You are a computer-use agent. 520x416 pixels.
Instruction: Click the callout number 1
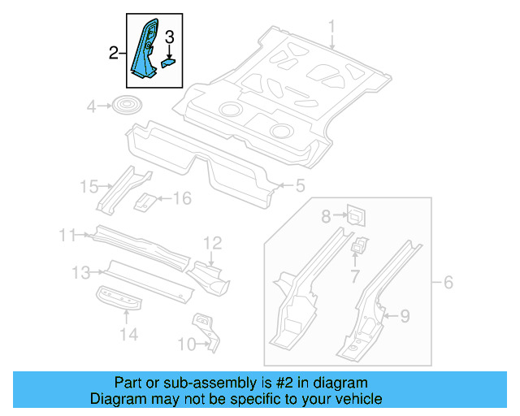tap(331, 30)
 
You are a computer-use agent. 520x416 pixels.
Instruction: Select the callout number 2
tap(115, 54)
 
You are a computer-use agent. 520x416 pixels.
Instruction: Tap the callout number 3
tap(170, 36)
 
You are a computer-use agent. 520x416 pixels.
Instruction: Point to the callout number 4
tap(92, 106)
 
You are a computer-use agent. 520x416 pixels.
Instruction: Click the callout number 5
tap(300, 187)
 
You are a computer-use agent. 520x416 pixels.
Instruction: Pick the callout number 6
tap(448, 283)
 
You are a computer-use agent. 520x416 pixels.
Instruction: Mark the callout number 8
tap(326, 216)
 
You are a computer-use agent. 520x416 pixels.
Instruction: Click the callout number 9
tap(405, 315)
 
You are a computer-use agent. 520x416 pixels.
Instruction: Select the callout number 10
tap(186, 344)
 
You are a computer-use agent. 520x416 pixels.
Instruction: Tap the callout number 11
tap(68, 236)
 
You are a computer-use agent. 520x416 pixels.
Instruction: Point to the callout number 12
tap(212, 242)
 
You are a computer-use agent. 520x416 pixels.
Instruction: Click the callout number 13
tap(81, 272)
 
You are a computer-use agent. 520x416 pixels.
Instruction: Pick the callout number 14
tap(129, 333)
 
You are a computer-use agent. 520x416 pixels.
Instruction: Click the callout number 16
tap(181, 198)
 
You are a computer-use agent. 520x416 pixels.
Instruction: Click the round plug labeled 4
tap(125, 106)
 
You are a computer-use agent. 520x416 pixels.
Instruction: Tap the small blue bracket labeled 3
tap(170, 59)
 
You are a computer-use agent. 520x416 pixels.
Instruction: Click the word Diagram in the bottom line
tap(115, 399)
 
